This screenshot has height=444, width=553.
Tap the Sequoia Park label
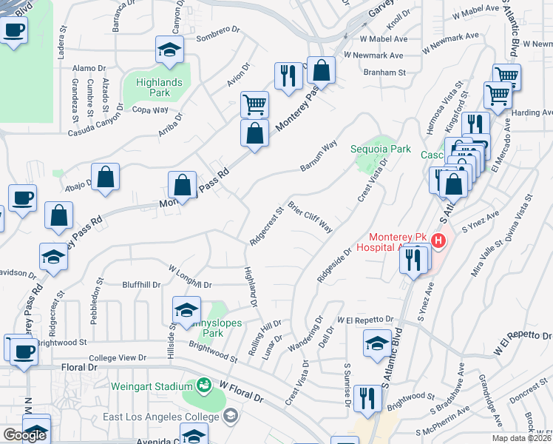click(x=380, y=149)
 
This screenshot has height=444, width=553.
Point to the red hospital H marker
click(x=438, y=240)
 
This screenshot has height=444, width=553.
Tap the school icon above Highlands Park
click(x=169, y=50)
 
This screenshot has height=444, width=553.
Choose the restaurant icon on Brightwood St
click(x=367, y=398)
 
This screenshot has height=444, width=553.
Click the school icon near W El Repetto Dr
click(x=377, y=342)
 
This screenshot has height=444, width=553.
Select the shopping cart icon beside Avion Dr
click(x=254, y=104)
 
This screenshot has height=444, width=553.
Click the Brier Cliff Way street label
click(x=310, y=216)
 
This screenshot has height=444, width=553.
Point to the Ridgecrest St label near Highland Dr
click(x=267, y=226)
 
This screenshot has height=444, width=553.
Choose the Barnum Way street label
click(x=319, y=155)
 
